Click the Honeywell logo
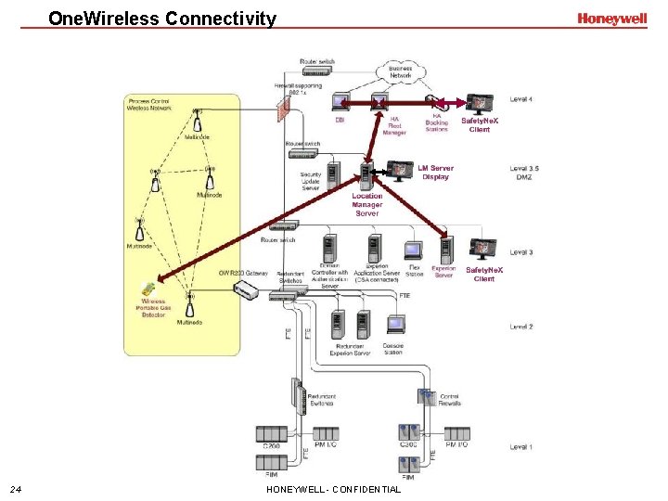click(x=611, y=19)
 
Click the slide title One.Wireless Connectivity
click(x=162, y=19)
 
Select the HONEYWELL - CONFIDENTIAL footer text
click(x=333, y=489)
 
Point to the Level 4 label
click(x=521, y=99)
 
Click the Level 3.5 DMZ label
click(x=524, y=173)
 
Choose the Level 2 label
click(x=521, y=327)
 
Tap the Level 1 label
click(x=521, y=447)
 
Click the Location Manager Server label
click(x=367, y=204)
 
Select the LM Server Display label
click(x=435, y=173)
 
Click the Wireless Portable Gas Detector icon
click(x=148, y=289)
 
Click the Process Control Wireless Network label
click(x=151, y=105)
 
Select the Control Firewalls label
click(x=450, y=399)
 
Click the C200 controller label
click(x=271, y=446)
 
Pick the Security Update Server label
click(x=310, y=181)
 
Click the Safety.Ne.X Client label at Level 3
click(x=484, y=274)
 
